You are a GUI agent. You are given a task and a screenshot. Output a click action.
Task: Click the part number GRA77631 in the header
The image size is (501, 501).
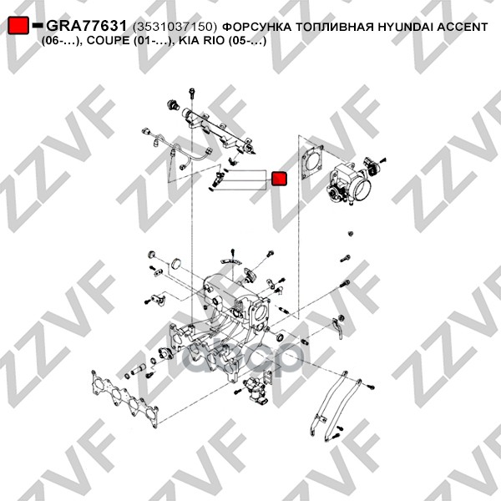click(87, 26)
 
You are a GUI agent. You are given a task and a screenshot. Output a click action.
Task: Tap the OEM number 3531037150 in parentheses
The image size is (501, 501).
click(175, 28)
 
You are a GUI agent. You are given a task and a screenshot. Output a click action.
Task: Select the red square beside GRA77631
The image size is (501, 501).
click(18, 25)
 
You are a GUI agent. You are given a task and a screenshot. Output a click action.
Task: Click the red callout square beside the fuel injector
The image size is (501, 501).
click(279, 179)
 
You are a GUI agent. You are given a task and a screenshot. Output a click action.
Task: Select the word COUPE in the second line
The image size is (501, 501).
click(107, 41)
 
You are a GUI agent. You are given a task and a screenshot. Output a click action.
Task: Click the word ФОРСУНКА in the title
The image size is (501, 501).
click(256, 27)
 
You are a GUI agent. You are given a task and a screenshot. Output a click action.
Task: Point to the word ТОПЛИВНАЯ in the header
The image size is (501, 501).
click(334, 27)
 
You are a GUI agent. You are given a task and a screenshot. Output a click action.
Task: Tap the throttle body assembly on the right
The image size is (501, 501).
click(349, 183)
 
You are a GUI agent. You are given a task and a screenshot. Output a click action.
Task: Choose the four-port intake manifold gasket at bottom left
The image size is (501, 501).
click(125, 398)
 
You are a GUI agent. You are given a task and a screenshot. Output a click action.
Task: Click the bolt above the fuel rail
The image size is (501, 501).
click(192, 93)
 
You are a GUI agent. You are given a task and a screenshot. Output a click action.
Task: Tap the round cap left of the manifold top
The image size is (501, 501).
click(176, 263)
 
